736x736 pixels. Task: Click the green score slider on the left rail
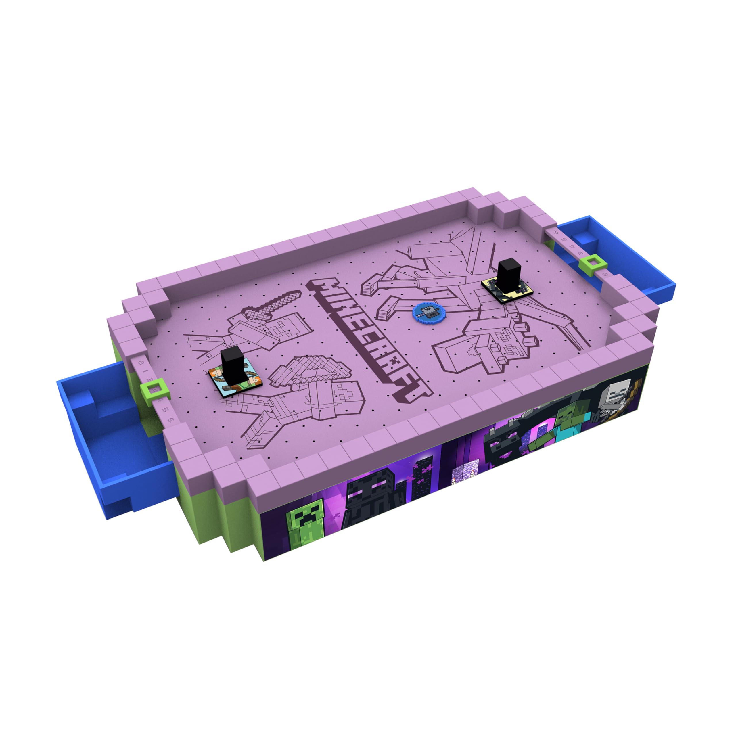point(154,390)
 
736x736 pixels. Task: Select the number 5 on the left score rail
point(166,410)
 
